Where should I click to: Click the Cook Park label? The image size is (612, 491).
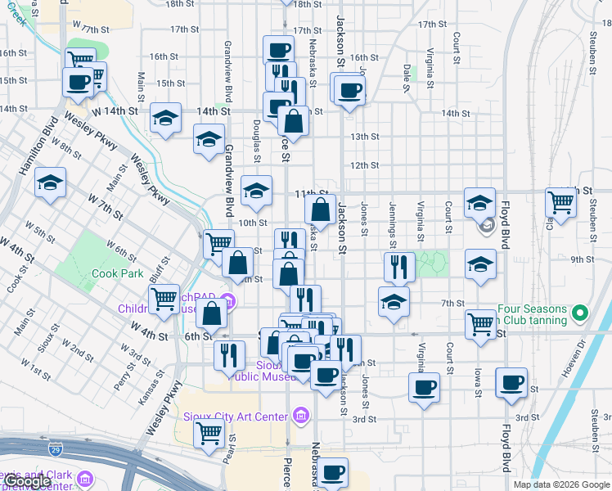tap(118, 274)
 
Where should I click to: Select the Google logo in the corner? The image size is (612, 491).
tap(27, 481)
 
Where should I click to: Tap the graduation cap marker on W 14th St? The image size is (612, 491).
tap(165, 118)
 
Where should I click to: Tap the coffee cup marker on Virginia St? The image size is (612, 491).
tap(424, 387)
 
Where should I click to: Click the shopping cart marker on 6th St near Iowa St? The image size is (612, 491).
tap(479, 322)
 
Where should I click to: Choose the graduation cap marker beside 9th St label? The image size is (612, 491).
tap(479, 263)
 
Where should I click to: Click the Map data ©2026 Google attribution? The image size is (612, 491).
tap(561, 484)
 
